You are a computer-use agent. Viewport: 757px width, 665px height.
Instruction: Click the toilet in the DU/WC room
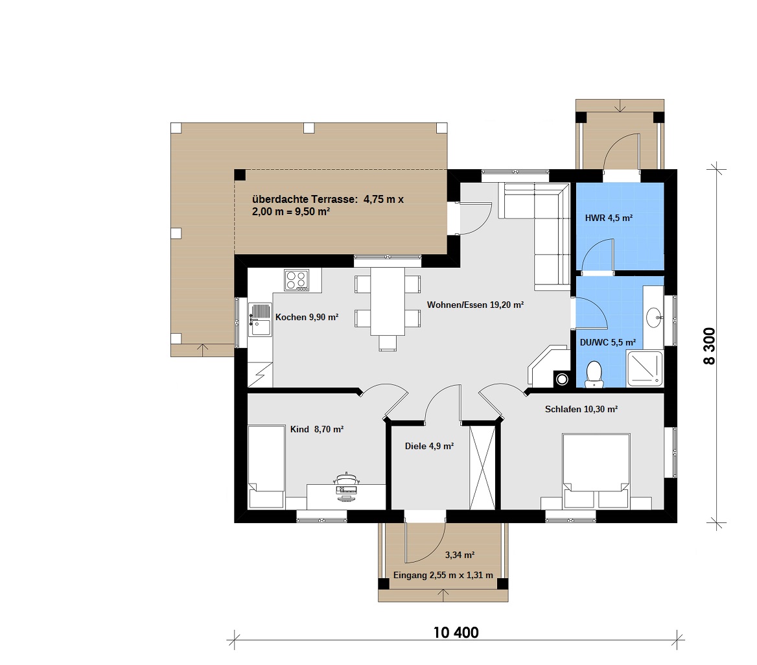click(x=594, y=375)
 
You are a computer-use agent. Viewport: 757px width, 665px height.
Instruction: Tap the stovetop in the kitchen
click(x=296, y=280)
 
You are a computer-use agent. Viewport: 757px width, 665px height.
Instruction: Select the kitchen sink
click(x=261, y=320)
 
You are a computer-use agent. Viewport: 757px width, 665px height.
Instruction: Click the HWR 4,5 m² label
click(x=609, y=218)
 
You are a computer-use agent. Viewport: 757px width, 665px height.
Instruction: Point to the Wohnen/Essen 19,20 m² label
click(x=476, y=305)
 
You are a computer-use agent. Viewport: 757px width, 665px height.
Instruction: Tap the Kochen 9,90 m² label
click(x=307, y=318)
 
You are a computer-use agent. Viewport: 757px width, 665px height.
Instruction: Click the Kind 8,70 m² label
click(x=317, y=429)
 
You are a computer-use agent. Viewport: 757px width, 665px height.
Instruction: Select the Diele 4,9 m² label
click(x=429, y=446)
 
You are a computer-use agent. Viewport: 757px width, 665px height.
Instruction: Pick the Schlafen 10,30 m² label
click(x=581, y=409)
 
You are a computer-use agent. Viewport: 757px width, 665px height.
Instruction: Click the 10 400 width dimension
click(x=456, y=633)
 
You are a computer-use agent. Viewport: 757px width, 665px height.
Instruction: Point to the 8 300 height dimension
click(x=709, y=345)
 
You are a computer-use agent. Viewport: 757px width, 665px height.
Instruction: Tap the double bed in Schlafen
click(x=596, y=471)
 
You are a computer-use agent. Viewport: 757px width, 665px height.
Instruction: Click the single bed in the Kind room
click(x=266, y=467)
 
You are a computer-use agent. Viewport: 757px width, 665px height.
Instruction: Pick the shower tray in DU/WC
click(x=645, y=369)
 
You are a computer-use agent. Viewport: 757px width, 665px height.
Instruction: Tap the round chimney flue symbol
click(x=561, y=379)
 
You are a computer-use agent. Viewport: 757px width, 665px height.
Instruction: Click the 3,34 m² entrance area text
click(x=460, y=555)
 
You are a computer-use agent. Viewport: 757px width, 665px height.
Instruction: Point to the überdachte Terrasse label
click(x=328, y=205)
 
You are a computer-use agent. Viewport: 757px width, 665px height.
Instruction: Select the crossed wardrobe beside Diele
click(x=482, y=466)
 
